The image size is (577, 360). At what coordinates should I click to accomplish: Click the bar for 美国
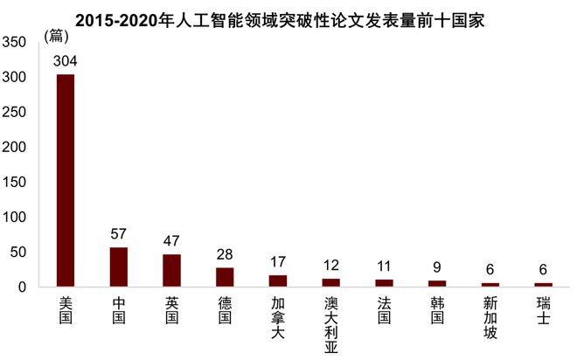[x=66, y=181]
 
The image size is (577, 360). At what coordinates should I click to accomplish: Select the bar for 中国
[x=119, y=267]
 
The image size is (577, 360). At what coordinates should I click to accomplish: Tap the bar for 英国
[x=171, y=271]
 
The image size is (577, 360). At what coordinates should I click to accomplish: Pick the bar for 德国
[x=225, y=277]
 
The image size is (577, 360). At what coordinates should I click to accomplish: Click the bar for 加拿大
[x=278, y=281]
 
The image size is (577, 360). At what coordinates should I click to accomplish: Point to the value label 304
[x=66, y=60]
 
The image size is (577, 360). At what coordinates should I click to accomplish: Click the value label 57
[x=119, y=233]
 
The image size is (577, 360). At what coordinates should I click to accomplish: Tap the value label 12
[x=330, y=265]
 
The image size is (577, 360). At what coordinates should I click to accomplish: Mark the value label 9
[x=436, y=267]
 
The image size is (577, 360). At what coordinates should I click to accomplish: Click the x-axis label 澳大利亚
[x=330, y=324]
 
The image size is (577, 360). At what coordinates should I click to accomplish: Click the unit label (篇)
[x=56, y=36]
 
